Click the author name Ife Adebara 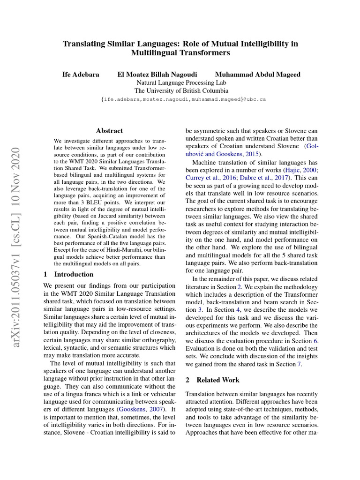pos(81,74)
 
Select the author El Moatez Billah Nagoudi pos(157,74)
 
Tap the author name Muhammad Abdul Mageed pos(257,74)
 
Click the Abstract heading pos(109,131)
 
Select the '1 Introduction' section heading pos(68,274)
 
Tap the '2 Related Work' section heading pos(212,380)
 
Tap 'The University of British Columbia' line pos(181,91)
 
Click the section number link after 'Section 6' pos(315,341)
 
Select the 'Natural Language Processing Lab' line pos(181,82)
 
